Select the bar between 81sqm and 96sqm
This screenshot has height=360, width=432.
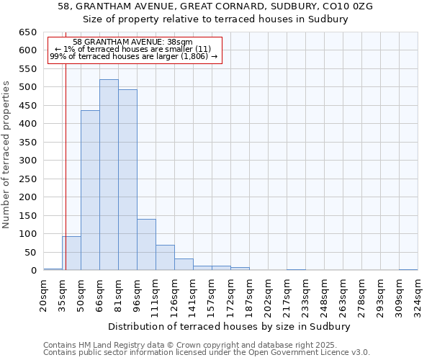[x=127, y=180]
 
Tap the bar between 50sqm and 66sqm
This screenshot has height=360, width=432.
[x=90, y=191]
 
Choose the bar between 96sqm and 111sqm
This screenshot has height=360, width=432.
[x=146, y=245]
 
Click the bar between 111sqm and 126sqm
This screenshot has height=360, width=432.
[x=165, y=258]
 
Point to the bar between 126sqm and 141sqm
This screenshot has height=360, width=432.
[x=184, y=264]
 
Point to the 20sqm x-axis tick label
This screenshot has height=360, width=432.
[x=44, y=294]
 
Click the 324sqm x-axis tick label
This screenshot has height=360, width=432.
[x=418, y=294]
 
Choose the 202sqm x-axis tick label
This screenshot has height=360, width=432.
[x=269, y=294]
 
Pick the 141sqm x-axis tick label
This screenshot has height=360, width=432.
[x=194, y=294]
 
